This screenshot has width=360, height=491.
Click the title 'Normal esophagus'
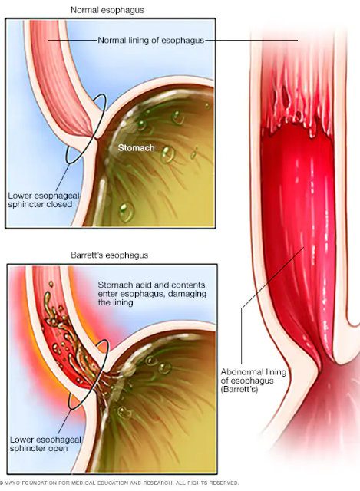pos(107,10)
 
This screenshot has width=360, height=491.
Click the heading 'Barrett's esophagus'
pos(109,255)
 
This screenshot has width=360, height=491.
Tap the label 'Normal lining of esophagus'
pos(151,41)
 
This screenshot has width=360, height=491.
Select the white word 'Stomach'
pos(137,148)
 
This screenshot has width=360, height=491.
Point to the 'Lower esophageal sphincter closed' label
pos(44,200)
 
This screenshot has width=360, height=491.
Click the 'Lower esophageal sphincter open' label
pos(45,444)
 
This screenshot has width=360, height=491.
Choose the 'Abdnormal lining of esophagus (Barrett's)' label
pos(254,381)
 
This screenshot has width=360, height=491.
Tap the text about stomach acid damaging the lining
pos(152,294)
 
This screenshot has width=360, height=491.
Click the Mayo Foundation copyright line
pos(120,483)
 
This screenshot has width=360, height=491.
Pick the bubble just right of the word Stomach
pos(167,154)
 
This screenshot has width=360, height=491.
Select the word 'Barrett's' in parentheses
pos(239,390)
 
